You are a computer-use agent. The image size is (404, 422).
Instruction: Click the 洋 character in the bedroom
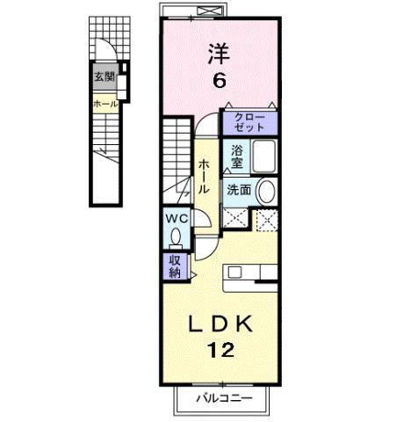[x=218, y=54]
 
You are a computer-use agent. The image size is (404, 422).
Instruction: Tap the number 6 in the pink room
[x=219, y=81]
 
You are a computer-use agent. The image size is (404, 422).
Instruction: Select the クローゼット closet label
[x=249, y=122]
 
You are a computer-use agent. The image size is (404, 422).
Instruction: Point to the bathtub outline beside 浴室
[x=263, y=158]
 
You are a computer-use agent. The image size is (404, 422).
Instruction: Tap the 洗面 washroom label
[x=238, y=189]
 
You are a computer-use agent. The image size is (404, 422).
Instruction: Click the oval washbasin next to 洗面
[x=264, y=191]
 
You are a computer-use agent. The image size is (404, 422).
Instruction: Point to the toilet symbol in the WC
[x=176, y=236]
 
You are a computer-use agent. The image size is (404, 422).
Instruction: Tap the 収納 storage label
[x=174, y=266]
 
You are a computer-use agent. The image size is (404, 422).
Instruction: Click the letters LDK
[x=220, y=325]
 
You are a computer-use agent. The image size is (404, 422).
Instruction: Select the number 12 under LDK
[x=220, y=351]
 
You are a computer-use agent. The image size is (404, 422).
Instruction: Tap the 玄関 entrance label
[x=105, y=76]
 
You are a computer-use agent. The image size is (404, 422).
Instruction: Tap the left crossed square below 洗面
[x=233, y=220]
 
